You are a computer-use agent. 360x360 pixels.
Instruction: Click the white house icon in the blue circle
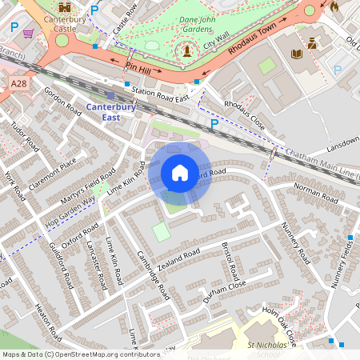tap(180, 173)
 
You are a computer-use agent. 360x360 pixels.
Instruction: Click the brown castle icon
tap(64, 9)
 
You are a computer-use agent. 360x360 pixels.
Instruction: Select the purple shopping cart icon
tap(29, 33)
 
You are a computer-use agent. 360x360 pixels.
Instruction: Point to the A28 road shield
tap(20, 83)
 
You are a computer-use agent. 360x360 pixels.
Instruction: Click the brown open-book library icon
tap(297, 54)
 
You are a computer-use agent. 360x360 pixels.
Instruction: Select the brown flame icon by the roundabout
tap(334, 7)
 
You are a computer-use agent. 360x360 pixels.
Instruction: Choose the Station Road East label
tap(160, 94)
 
